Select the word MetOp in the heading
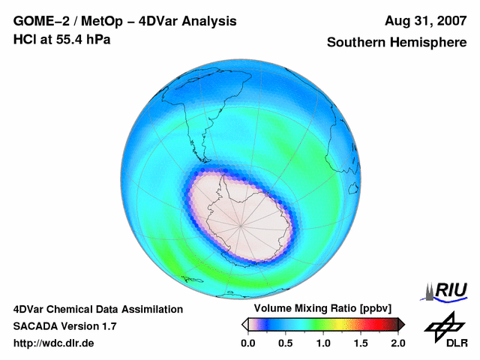click(103, 21)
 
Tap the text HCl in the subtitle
click(24, 39)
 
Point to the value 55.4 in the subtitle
click(70, 39)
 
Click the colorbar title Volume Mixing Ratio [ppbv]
click(319, 309)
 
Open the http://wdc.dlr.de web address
click(54, 343)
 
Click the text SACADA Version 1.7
click(64, 326)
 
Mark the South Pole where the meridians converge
click(242, 224)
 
